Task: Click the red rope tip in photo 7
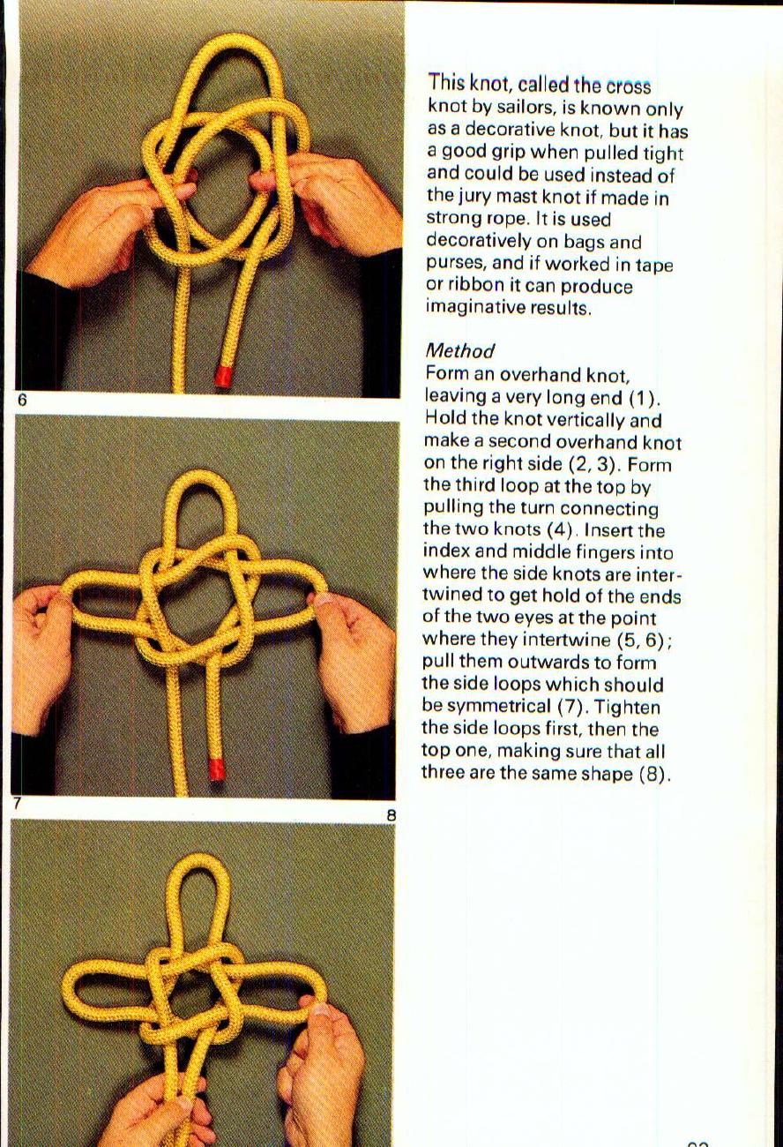click(x=216, y=769)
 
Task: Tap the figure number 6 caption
click(x=22, y=401)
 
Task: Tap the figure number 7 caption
click(x=17, y=805)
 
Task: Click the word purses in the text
click(x=452, y=264)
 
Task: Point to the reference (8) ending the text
click(x=654, y=774)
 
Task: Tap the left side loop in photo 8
click(x=97, y=987)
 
